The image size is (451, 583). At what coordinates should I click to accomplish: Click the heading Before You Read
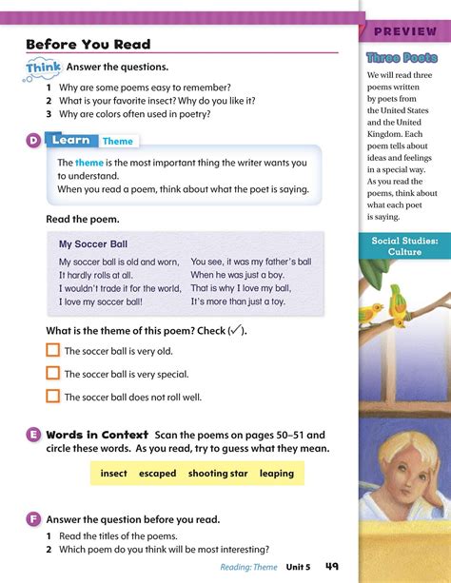point(88,44)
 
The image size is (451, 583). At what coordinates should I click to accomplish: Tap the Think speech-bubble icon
point(44,68)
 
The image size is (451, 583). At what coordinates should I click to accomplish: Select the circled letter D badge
point(33,141)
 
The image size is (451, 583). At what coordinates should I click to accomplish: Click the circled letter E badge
point(33,435)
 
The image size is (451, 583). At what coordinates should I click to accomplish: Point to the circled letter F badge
point(33,519)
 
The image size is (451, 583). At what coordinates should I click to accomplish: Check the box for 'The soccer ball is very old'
point(53,351)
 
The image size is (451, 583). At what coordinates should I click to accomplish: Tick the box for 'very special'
point(53,374)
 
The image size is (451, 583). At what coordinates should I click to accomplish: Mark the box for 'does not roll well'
point(53,397)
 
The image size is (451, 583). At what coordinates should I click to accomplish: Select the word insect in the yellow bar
point(113,473)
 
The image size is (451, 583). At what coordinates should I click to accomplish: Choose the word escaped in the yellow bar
point(157,473)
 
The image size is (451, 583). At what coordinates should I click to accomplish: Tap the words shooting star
point(218,473)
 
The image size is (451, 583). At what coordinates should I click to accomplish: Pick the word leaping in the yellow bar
point(276,473)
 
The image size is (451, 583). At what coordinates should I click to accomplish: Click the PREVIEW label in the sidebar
point(405,33)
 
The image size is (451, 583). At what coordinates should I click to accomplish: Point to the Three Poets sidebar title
point(402,58)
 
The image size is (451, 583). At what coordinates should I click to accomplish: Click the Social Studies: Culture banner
point(405,248)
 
